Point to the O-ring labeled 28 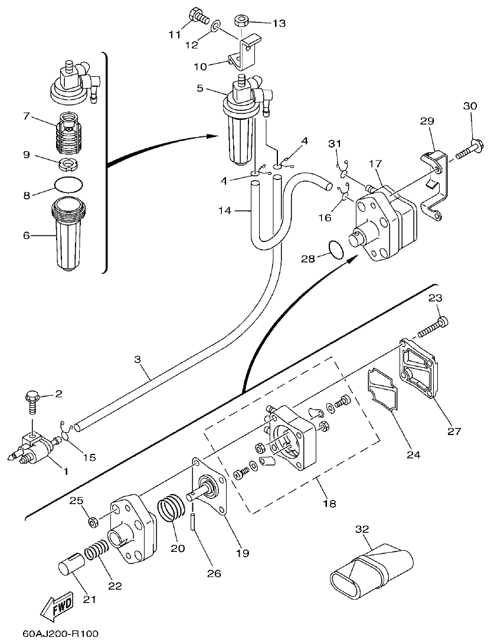[335, 250]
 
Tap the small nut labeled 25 [93, 521]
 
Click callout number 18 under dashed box [329, 504]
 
